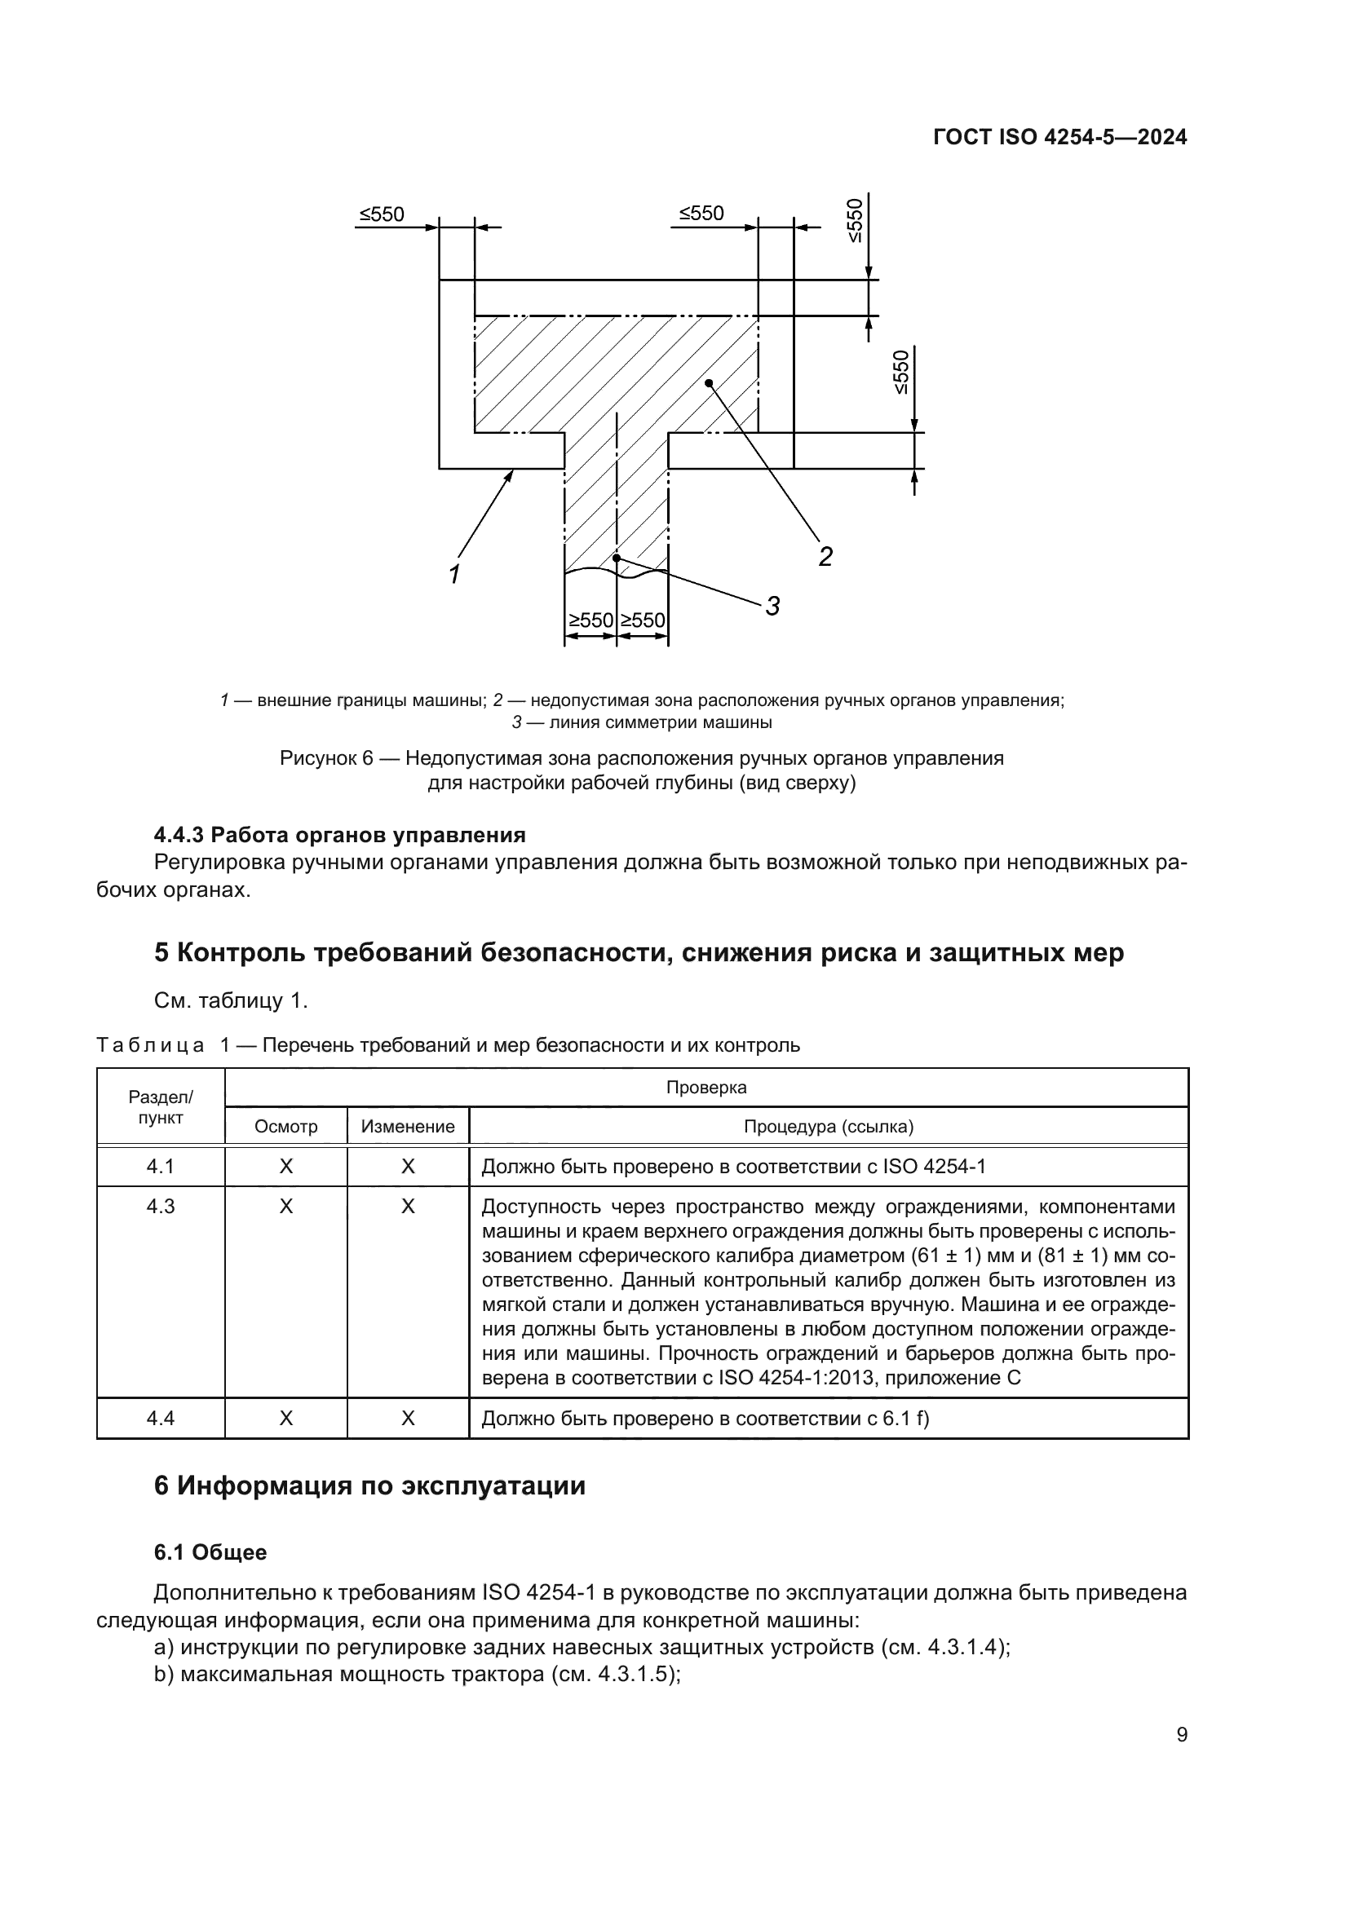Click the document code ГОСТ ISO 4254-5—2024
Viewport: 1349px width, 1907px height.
(1060, 138)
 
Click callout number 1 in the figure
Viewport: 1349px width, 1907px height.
(454, 574)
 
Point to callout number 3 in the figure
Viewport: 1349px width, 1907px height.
(772, 607)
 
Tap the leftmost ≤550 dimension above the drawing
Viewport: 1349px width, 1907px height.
(381, 214)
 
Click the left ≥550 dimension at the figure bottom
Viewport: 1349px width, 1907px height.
(590, 620)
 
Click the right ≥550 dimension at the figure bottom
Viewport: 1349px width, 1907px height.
(643, 620)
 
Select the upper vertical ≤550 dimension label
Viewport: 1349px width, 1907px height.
(856, 220)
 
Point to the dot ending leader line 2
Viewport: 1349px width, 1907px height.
(709, 382)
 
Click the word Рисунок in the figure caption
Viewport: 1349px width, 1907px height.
(320, 758)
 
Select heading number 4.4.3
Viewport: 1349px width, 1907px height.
(179, 834)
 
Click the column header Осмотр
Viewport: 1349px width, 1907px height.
(285, 1126)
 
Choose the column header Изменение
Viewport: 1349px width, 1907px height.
(408, 1126)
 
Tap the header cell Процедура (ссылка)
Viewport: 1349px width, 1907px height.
(828, 1126)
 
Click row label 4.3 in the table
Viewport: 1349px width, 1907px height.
(161, 1206)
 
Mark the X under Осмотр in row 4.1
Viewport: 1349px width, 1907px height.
(285, 1166)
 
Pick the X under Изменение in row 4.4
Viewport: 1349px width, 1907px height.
(408, 1418)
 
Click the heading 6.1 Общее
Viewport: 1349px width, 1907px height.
(211, 1552)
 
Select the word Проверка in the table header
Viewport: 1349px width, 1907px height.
(706, 1088)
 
